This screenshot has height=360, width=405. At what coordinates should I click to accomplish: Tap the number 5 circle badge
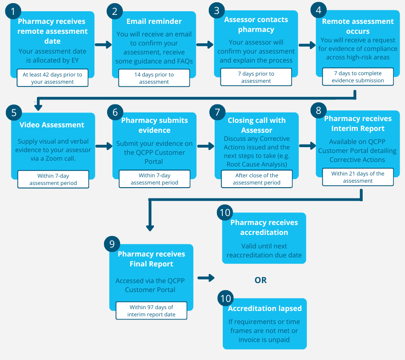point(13,112)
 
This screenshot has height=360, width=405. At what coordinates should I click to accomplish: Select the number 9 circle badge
point(112,244)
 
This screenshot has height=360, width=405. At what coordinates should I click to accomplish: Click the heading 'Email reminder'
point(154,21)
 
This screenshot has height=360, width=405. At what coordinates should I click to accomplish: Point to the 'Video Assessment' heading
point(52,125)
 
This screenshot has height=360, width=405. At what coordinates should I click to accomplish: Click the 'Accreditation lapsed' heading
point(265,309)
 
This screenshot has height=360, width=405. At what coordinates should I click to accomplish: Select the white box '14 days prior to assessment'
point(154,78)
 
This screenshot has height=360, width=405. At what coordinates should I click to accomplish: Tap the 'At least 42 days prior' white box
point(53,78)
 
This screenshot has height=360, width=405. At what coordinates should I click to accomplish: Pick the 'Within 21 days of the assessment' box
point(358,177)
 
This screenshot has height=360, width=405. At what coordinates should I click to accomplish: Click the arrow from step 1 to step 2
point(103,45)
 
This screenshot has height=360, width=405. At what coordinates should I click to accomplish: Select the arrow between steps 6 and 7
point(206,146)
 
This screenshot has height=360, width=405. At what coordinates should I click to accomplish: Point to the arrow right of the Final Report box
point(206,278)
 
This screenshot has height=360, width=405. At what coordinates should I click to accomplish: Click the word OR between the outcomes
point(261,280)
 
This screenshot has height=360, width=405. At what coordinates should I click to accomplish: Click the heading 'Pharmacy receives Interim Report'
point(358,123)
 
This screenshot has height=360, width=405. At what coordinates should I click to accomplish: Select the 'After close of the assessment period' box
point(256,179)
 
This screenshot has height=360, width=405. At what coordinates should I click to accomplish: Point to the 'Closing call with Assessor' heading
point(256,125)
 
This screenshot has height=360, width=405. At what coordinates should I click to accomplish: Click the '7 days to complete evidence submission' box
point(358,76)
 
